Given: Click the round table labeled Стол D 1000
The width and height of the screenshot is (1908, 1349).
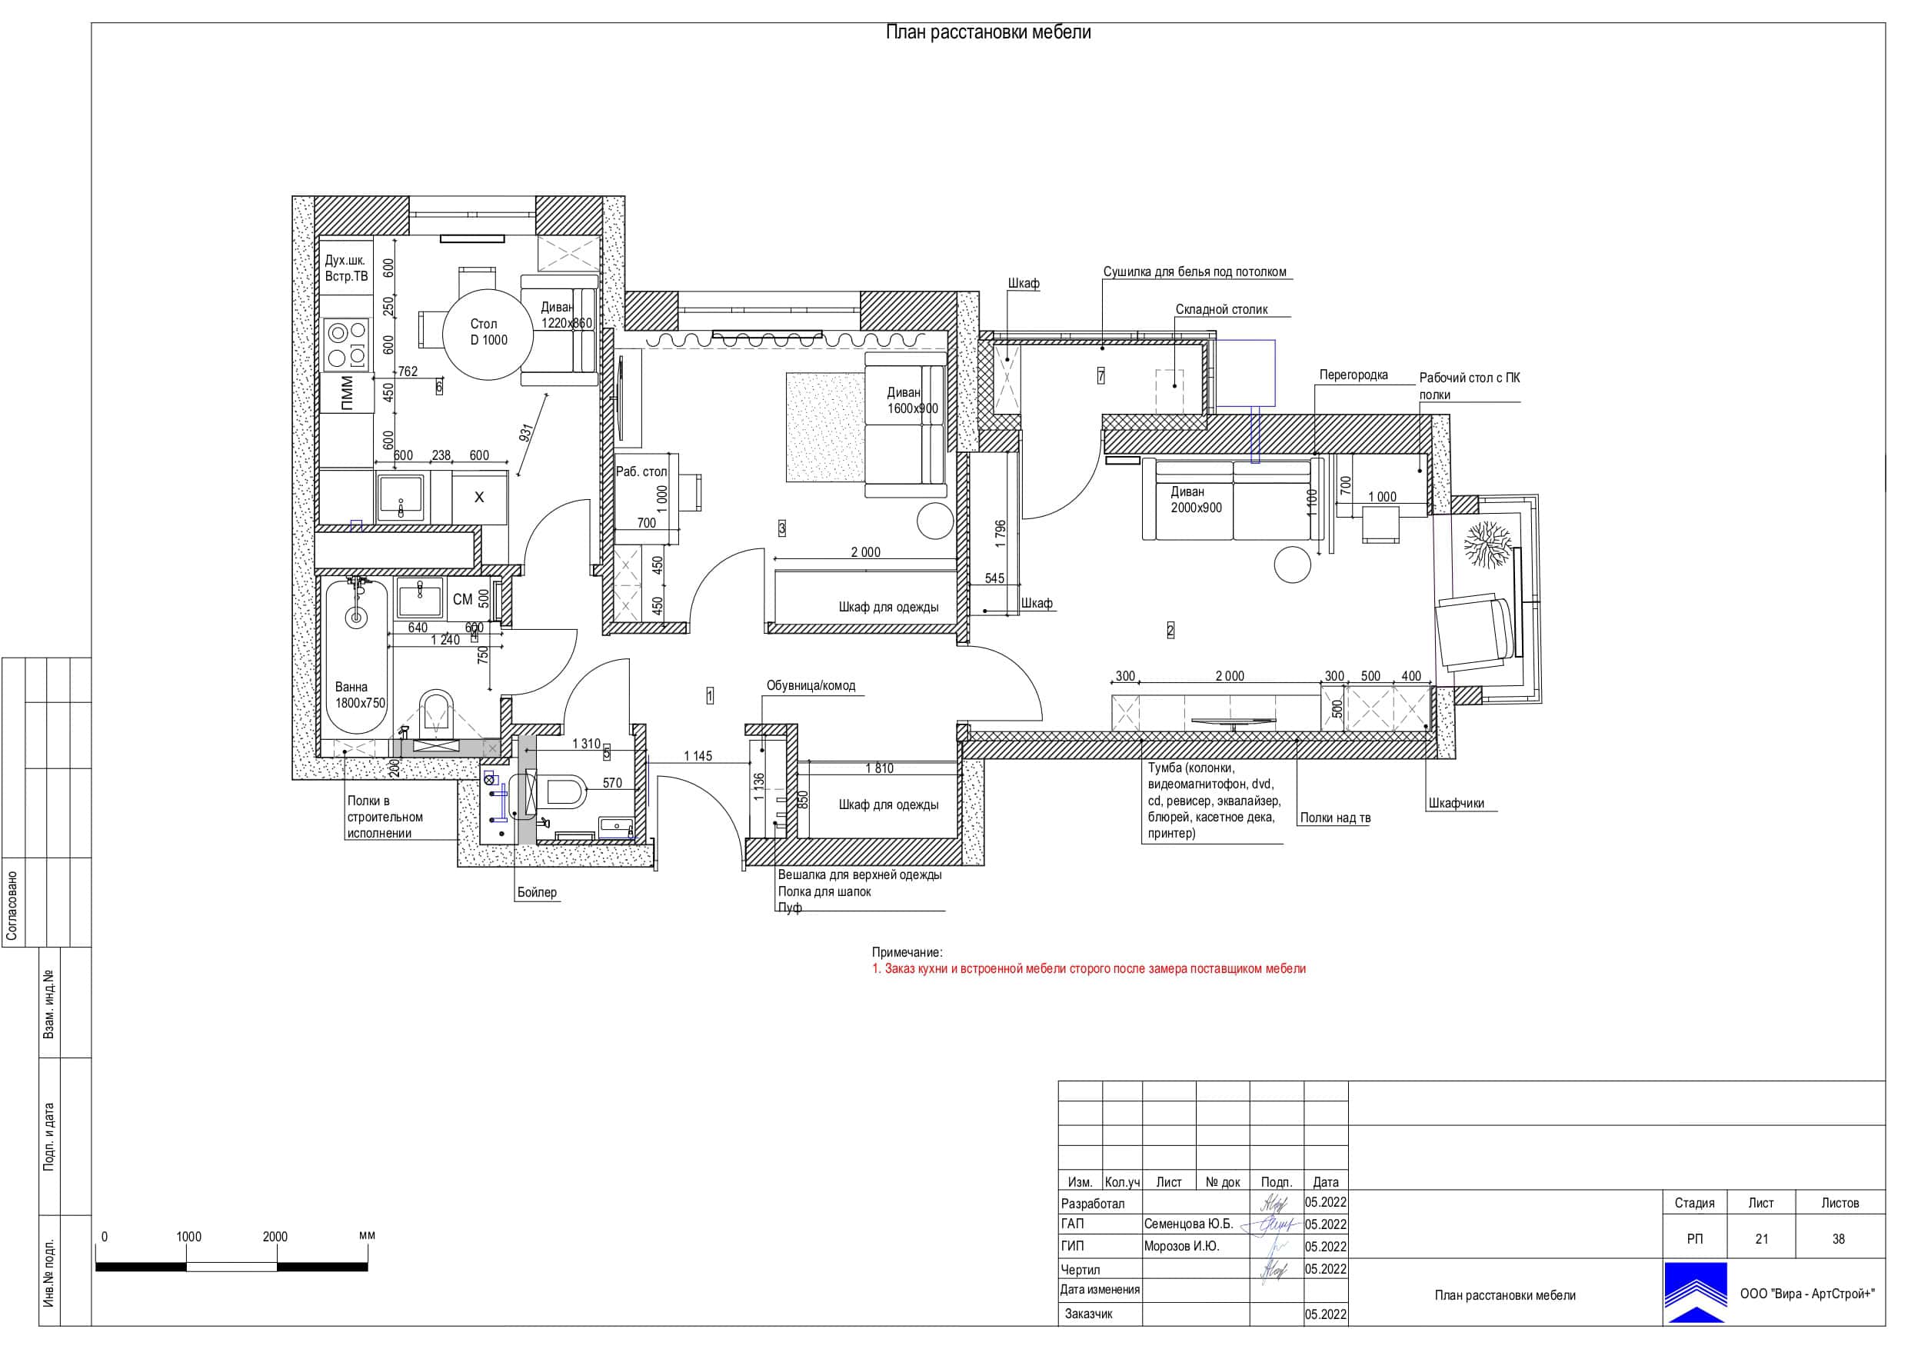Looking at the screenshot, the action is click(487, 333).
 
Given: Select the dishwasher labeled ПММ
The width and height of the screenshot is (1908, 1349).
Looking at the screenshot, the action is click(347, 393).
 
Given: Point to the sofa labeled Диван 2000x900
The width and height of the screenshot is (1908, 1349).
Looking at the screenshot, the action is click(1229, 500).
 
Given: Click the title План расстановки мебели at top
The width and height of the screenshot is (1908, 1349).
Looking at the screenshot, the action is click(988, 32).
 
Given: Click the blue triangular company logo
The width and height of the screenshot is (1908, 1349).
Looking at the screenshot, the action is click(1695, 1294).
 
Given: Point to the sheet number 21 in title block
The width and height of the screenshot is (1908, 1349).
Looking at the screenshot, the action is click(1761, 1238).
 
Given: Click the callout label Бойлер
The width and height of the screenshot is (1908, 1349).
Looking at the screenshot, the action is click(537, 892).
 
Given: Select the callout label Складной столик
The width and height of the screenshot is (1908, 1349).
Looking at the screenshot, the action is click(1221, 309).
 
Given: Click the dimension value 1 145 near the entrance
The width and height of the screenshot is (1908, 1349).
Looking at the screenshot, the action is click(698, 755).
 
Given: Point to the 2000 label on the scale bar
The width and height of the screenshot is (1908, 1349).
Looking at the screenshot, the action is click(275, 1237).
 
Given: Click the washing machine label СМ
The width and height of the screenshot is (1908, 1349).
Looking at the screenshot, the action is click(463, 599).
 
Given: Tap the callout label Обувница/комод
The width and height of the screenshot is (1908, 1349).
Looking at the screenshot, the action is click(811, 686).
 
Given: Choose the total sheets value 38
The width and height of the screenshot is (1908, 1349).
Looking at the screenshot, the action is click(1838, 1238).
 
